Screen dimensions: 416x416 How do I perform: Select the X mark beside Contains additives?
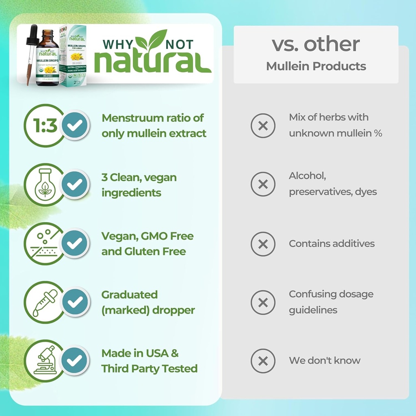[263, 244]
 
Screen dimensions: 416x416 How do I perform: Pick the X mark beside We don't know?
[263, 361]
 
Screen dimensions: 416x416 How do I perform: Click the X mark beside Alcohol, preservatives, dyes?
[263, 184]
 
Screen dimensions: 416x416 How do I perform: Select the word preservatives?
[315, 192]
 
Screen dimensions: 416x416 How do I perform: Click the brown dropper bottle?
[48, 61]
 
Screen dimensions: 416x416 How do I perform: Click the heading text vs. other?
[316, 44]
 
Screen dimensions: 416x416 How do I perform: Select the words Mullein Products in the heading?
[316, 66]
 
